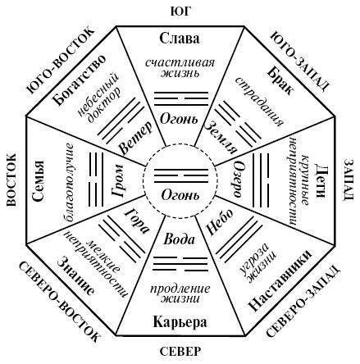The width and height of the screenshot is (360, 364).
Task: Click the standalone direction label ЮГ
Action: pos(180,11)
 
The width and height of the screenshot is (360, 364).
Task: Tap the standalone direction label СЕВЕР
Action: pos(180,351)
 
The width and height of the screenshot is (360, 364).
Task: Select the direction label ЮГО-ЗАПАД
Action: pos(299,61)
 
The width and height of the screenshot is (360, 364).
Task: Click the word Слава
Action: pos(180,38)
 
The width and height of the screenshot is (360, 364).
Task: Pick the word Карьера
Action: pos(180,321)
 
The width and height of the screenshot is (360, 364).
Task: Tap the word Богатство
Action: pos(79,80)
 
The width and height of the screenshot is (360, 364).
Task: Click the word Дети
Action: pos(321,180)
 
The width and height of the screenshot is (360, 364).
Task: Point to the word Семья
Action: pos(38,181)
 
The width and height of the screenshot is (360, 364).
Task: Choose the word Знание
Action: pos(75,276)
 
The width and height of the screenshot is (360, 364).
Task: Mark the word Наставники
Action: pos(280,280)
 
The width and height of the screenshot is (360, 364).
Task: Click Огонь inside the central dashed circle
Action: pos(180,196)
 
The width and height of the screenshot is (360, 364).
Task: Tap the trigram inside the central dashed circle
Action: pos(181,175)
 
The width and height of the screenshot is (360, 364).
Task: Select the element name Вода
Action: pos(180,239)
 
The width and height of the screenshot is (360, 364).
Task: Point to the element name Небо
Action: pos(220,221)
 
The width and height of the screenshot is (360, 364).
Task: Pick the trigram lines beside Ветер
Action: pos(121,121)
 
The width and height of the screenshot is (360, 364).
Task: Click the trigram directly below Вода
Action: pos(180,264)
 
